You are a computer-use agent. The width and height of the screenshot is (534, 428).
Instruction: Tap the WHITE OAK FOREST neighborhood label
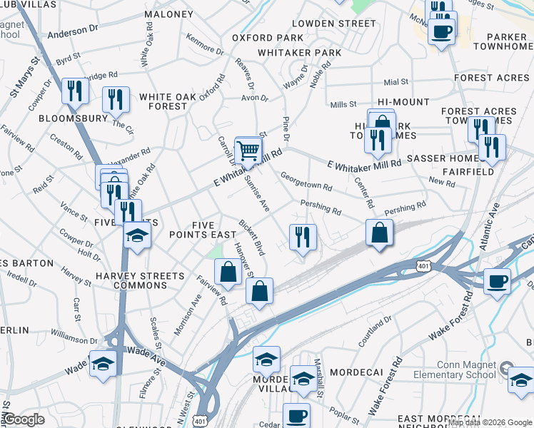pos(163,101)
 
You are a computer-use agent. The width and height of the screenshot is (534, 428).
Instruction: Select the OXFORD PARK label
pos(257,38)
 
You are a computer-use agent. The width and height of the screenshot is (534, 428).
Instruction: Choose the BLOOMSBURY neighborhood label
pos(72,118)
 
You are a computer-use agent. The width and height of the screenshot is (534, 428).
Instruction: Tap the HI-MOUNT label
pos(404,102)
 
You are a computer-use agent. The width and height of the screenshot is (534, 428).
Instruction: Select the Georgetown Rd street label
pos(306,181)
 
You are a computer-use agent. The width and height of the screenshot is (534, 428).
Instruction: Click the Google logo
pos(23,419)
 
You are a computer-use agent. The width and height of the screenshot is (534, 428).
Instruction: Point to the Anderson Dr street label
pos(74,31)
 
